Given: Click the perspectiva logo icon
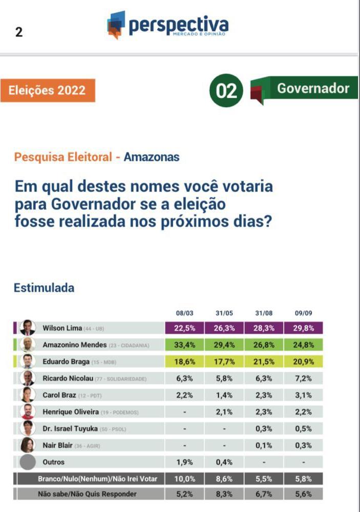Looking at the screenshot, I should tap(116, 25).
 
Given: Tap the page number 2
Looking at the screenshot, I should tap(19, 32).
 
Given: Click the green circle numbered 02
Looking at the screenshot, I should tap(226, 91).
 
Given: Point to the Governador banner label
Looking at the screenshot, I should tap(313, 88).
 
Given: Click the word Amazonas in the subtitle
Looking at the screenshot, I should tap(152, 157).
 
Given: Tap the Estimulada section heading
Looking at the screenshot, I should tap(44, 288).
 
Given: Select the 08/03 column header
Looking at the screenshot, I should tap(184, 313).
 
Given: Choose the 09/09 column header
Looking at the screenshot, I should tap(303, 313).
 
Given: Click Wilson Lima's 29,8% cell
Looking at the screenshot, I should tap(303, 328).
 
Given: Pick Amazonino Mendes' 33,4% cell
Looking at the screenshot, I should tap(184, 345).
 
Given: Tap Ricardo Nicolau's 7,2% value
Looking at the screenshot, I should tap(303, 379).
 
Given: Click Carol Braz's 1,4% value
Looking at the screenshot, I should tap(224, 395).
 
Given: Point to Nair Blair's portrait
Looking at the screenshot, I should tap(28, 445).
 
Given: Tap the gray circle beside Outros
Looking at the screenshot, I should tap(28, 462).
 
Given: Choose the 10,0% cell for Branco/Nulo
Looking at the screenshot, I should tap(184, 479).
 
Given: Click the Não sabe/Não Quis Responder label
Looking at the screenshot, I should tap(88, 494).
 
